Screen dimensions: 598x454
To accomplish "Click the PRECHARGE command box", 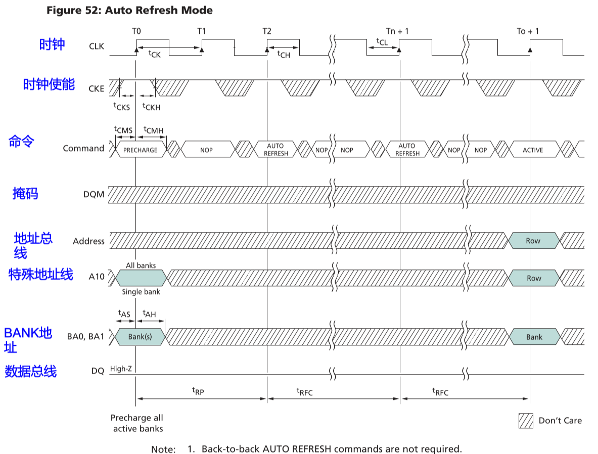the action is [x=141, y=150].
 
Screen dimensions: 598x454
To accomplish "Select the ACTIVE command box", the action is [x=533, y=150].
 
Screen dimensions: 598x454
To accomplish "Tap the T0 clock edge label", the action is [x=136, y=31].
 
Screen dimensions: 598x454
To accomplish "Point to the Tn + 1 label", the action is [x=397, y=31].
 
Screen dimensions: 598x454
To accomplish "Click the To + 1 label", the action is [x=528, y=31].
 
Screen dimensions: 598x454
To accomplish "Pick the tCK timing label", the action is [x=155, y=54].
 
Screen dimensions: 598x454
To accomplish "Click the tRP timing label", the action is [x=198, y=391].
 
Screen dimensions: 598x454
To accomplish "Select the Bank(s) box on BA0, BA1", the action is [x=140, y=337].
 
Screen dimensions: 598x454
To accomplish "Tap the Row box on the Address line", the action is [x=533, y=241].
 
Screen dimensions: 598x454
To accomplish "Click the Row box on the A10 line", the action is [x=534, y=278].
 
